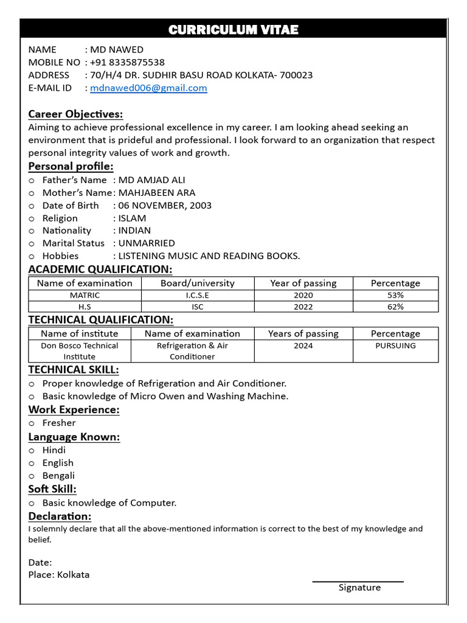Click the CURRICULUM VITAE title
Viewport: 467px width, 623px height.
[x=233, y=30]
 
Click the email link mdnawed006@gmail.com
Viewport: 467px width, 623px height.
[x=148, y=88]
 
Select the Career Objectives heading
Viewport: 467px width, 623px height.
[x=75, y=114]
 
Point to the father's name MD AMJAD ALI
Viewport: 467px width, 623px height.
[x=151, y=180]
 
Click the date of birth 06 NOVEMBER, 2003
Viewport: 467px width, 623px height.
[x=165, y=206]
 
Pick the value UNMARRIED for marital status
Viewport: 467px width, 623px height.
[x=147, y=243]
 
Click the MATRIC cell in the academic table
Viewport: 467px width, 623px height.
[x=85, y=295]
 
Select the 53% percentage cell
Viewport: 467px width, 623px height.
[x=395, y=295]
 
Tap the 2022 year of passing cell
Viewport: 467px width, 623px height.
[x=303, y=307]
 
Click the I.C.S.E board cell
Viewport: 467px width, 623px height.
[x=197, y=295]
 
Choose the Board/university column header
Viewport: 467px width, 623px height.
[x=197, y=283]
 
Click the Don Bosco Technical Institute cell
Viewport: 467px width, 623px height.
[x=79, y=351]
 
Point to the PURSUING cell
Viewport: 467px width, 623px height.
[x=395, y=346]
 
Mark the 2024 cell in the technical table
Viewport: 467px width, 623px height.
[x=303, y=346]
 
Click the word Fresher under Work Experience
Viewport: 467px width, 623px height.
[x=59, y=423]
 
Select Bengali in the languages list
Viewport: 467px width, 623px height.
[x=58, y=476]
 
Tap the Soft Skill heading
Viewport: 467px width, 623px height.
[x=52, y=489]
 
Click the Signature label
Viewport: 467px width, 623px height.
[x=359, y=588]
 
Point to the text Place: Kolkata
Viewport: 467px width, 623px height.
[x=59, y=575]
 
